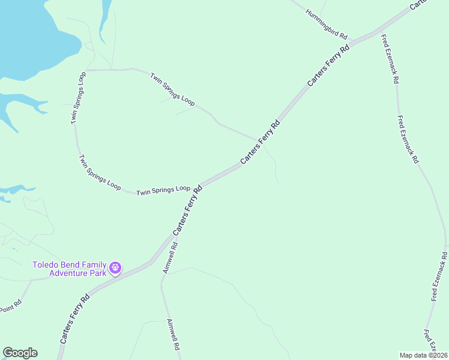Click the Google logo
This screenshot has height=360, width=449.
click(x=20, y=353)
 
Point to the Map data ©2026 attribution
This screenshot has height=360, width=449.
click(x=423, y=355)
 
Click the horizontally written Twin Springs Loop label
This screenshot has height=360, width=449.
click(x=163, y=190)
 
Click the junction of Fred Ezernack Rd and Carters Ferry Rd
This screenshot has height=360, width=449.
click(x=379, y=31)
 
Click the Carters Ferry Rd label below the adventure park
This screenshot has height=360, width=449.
click(x=75, y=318)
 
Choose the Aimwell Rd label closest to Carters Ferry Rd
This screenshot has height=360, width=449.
click(x=170, y=257)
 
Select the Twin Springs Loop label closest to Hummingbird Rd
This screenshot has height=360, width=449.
click(x=173, y=90)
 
